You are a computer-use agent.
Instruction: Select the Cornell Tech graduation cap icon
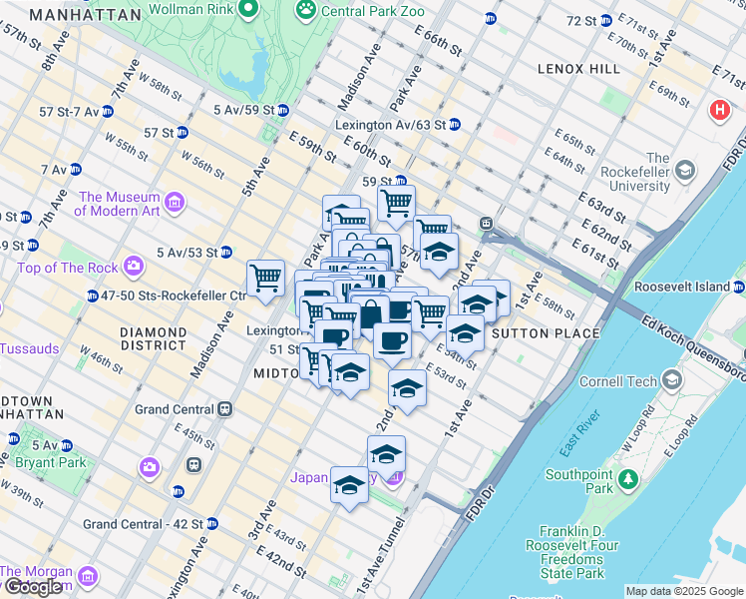pyautogui.click(x=673, y=380)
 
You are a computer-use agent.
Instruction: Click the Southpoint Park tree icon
pyautogui.click(x=628, y=479)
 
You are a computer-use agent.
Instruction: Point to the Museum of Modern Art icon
pyautogui.click(x=175, y=204)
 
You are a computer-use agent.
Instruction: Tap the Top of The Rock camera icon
pyautogui.click(x=133, y=268)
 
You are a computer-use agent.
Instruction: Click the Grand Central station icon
pyautogui.click(x=226, y=409)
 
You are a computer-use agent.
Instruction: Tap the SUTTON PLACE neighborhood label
pyautogui.click(x=546, y=333)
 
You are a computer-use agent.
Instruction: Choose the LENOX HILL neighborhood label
pyautogui.click(x=578, y=69)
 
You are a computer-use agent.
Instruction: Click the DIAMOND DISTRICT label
pyautogui.click(x=153, y=339)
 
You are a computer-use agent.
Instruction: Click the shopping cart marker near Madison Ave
pyautogui.click(x=265, y=277)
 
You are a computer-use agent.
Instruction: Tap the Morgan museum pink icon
pyautogui.click(x=87, y=577)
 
